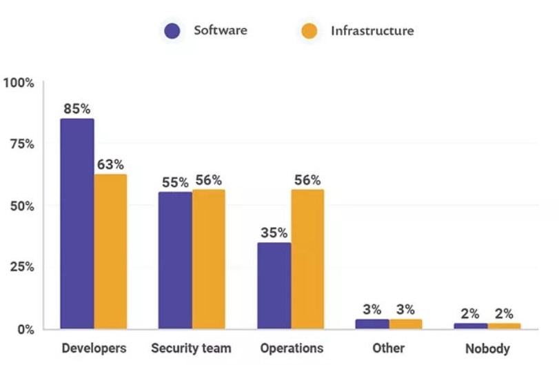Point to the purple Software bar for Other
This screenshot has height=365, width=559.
[x=372, y=324]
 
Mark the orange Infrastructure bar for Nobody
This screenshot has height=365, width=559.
[x=504, y=326]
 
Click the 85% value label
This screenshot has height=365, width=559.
[x=77, y=108]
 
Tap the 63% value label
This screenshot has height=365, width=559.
[x=110, y=165]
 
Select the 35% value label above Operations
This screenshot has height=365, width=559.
[x=274, y=233]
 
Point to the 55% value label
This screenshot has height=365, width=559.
[x=175, y=182]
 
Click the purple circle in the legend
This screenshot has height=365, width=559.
[x=172, y=31]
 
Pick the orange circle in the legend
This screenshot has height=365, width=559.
[x=309, y=31]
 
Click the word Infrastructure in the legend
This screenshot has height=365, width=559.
[x=372, y=31]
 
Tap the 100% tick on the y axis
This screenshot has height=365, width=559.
[x=19, y=83]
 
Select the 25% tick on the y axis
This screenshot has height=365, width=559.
[x=21, y=267]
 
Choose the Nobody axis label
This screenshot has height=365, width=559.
[x=487, y=348]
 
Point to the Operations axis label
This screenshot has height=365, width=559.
[x=292, y=348]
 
